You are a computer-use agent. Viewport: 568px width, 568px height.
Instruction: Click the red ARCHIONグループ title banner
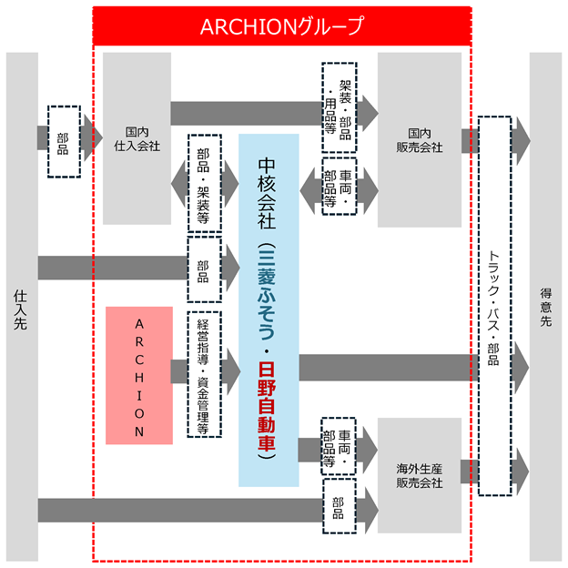(282, 26)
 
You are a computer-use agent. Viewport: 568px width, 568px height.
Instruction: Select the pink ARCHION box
(139, 375)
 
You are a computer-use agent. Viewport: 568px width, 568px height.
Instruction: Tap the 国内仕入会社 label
(137, 138)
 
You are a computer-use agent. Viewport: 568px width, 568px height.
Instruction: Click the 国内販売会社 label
(420, 140)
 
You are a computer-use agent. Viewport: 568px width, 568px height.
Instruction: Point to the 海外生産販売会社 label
(420, 476)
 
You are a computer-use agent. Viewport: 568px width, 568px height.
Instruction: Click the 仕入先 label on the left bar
(20, 309)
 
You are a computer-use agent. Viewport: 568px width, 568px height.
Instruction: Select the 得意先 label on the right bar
(546, 307)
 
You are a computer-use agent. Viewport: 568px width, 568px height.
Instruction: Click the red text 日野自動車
(267, 407)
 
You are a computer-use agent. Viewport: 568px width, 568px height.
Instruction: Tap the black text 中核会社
(267, 194)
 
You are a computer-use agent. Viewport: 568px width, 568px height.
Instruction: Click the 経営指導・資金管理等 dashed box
(204, 374)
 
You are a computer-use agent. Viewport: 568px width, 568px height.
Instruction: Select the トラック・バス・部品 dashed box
(495, 306)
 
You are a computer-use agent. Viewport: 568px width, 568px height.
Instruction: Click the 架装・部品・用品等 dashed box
(340, 107)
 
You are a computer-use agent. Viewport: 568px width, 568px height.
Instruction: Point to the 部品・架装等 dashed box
(205, 183)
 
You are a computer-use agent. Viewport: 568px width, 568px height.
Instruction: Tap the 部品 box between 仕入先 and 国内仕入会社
(64, 142)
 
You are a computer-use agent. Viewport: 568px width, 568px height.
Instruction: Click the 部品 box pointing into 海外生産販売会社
(340, 506)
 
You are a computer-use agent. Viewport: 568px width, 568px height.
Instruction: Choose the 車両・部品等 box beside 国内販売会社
(340, 187)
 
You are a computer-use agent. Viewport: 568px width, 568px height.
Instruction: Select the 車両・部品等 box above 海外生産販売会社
(339, 446)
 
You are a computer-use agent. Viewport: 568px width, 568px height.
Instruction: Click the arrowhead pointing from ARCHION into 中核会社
(231, 371)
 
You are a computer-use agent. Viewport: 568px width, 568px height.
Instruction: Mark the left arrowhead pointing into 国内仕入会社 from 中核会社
(179, 184)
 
